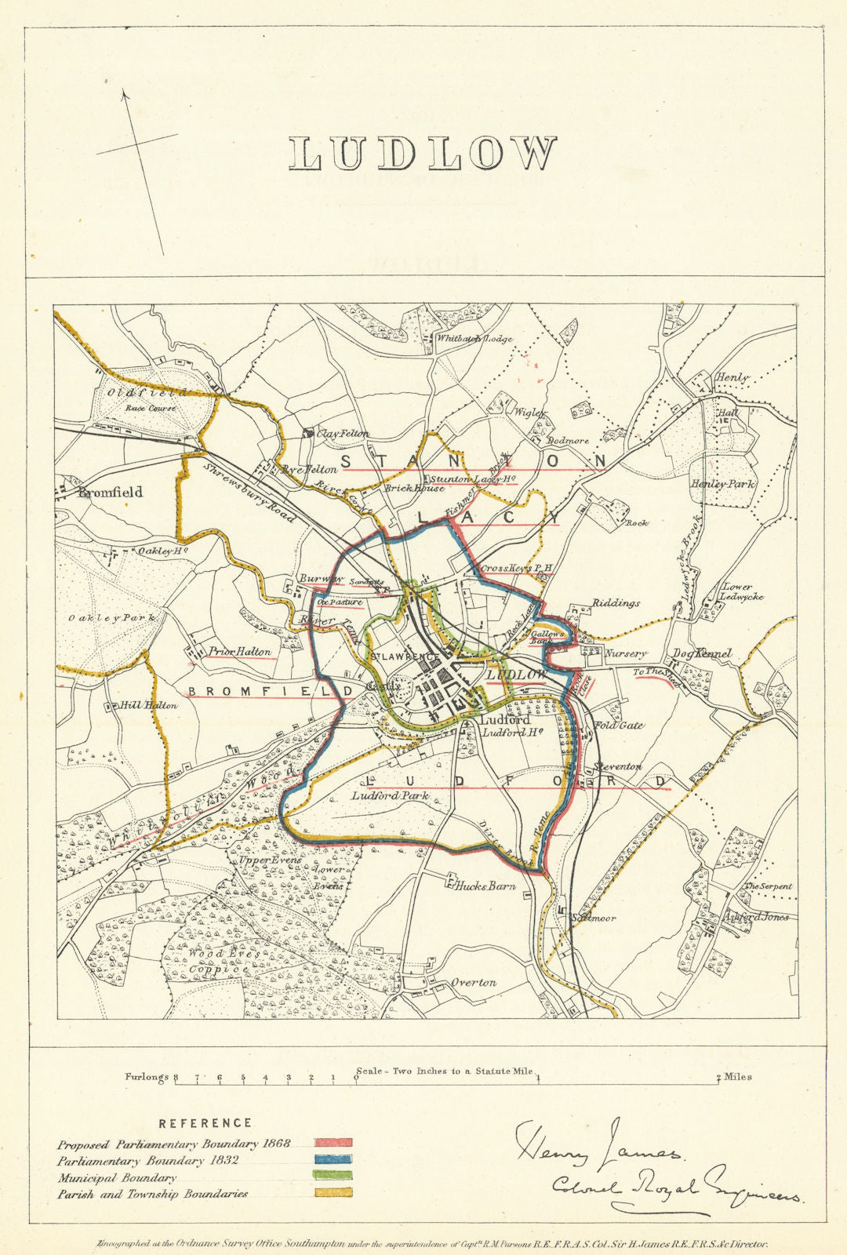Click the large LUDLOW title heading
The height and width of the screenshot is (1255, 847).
(x=423, y=153)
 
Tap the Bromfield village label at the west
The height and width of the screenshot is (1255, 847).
(x=110, y=493)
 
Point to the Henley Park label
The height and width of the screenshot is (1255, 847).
(x=722, y=484)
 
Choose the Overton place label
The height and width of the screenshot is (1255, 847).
(x=473, y=983)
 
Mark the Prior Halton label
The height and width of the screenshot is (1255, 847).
(x=240, y=651)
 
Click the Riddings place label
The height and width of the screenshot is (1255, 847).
(x=616, y=603)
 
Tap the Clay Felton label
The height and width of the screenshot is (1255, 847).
(x=343, y=434)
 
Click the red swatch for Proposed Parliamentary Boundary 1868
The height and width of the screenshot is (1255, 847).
(x=333, y=1144)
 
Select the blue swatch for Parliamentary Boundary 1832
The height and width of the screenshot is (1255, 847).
(x=333, y=1160)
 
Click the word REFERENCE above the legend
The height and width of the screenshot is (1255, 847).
(x=205, y=1123)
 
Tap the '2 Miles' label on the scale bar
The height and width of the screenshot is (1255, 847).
(x=735, y=1077)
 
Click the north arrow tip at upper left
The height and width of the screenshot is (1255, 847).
(x=123, y=93)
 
